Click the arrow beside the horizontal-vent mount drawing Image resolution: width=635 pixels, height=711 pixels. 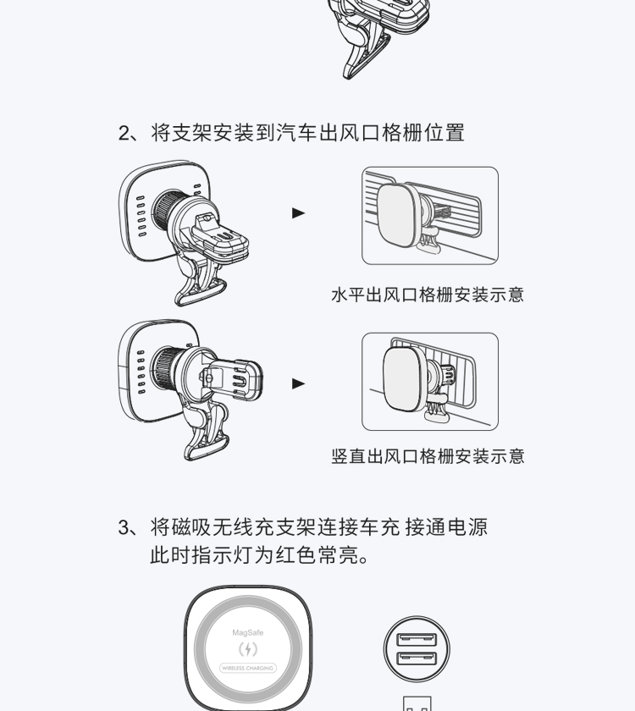[298, 212]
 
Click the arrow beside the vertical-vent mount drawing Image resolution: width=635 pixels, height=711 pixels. [298, 383]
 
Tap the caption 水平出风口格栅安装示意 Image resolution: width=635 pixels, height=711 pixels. [428, 295]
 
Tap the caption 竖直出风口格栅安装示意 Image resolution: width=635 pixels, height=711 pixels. [428, 456]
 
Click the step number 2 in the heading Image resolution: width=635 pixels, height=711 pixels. [124, 134]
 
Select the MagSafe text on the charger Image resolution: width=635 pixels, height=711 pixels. [247, 632]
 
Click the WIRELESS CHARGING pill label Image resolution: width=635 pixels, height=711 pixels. [247, 668]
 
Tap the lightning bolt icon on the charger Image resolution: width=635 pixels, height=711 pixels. [247, 649]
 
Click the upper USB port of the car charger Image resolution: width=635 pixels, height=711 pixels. [417, 640]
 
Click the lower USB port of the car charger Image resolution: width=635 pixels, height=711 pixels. [417, 659]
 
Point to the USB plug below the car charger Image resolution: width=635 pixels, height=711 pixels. [417, 703]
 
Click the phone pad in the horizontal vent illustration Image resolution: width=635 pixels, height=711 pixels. [398, 215]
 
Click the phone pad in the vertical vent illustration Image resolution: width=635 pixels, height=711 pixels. [404, 379]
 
